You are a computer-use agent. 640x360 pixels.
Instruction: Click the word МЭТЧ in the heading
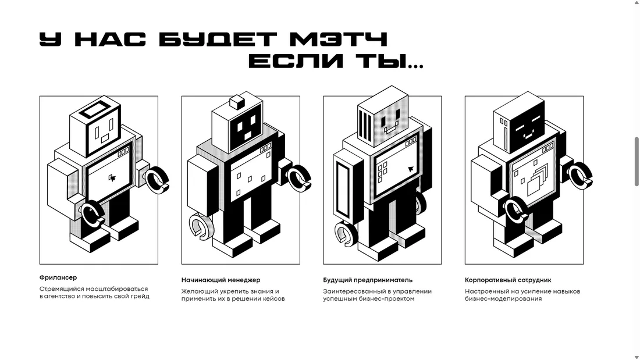pyautogui.click(x=337, y=40)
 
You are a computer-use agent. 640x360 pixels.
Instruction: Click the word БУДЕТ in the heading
pyautogui.click(x=218, y=40)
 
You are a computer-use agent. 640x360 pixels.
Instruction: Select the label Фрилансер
pyautogui.click(x=58, y=277)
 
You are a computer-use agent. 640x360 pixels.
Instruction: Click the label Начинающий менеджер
pyautogui.click(x=221, y=280)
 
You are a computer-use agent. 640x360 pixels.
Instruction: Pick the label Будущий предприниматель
pyautogui.click(x=368, y=280)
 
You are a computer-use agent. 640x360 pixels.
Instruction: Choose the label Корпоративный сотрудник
pyautogui.click(x=508, y=280)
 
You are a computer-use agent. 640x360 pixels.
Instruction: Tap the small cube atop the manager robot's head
pyautogui.click(x=236, y=102)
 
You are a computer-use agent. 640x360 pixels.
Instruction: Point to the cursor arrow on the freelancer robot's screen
pyautogui.click(x=112, y=177)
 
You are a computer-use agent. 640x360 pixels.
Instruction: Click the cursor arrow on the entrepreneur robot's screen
pyautogui.click(x=411, y=169)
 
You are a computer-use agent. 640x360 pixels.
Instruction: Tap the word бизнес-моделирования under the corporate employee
pyautogui.click(x=503, y=298)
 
